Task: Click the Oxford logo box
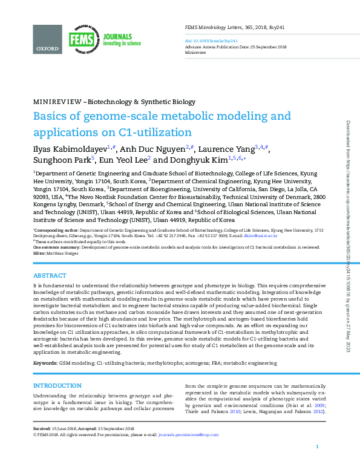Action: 48,39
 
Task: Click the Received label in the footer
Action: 42,428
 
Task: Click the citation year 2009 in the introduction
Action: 319,406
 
